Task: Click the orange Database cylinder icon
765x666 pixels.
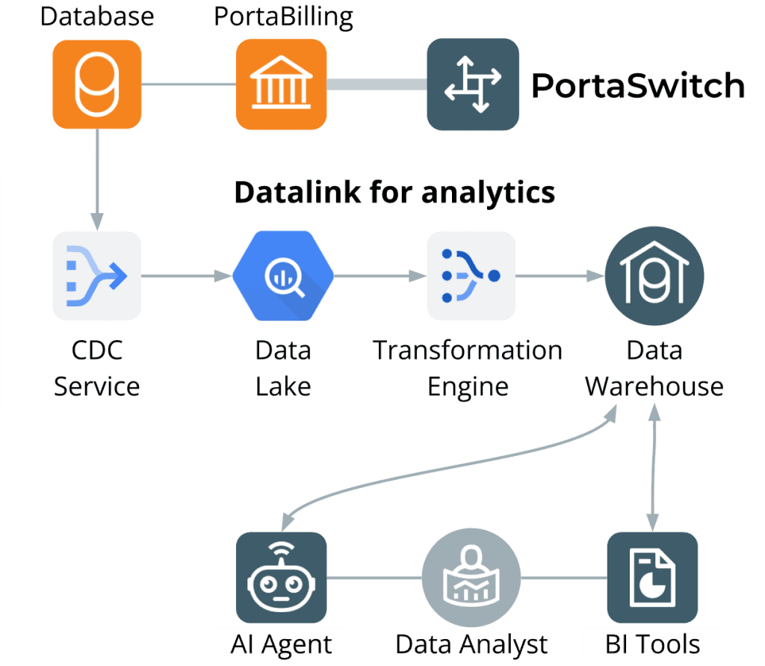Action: (97, 84)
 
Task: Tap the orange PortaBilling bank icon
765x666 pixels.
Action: (281, 84)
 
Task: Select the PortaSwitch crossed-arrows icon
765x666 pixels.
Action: (472, 85)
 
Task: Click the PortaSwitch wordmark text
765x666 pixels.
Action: (637, 86)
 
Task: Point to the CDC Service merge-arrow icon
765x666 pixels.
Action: (97, 276)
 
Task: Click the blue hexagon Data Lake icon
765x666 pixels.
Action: (282, 276)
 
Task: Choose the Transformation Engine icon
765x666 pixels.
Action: (471, 276)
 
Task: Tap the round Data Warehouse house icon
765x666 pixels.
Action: (654, 276)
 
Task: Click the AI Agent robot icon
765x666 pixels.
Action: (281, 577)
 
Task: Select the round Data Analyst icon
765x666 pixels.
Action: (471, 577)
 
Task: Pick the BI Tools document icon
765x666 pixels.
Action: (652, 577)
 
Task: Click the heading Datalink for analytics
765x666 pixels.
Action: (394, 192)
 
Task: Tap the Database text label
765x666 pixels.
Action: (97, 16)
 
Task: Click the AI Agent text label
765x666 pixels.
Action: (282, 644)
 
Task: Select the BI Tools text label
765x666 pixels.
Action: (653, 644)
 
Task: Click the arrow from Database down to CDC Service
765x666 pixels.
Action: (97, 179)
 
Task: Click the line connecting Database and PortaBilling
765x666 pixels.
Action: (188, 84)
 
